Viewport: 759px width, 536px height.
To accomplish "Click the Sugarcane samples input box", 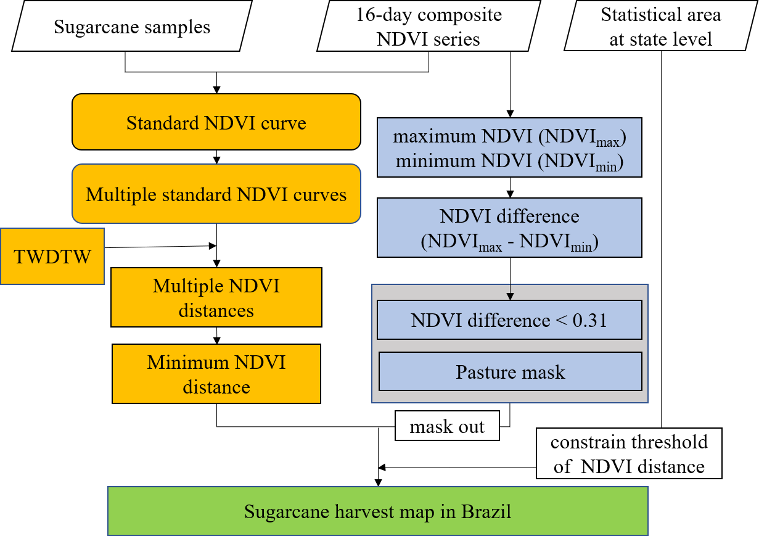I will click(x=133, y=27).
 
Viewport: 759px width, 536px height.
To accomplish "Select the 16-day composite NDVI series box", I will click(x=429, y=27).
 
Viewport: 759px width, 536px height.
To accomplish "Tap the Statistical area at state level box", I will click(x=660, y=27).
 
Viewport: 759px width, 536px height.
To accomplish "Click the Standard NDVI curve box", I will click(x=216, y=122).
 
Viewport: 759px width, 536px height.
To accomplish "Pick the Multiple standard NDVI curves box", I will click(x=216, y=194).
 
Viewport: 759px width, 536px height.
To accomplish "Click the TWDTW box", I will click(x=52, y=256).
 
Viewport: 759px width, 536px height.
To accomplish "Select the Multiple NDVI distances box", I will click(x=216, y=297).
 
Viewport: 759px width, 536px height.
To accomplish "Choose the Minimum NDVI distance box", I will click(x=216, y=374).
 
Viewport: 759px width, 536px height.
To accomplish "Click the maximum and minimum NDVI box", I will click(x=509, y=148).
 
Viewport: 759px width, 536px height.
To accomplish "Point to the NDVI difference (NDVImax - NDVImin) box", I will click(x=509, y=228).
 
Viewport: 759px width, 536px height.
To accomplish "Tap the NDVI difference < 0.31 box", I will click(x=509, y=320).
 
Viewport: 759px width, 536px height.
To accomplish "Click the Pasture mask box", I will click(x=510, y=372).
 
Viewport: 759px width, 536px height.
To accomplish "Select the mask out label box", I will click(x=447, y=426).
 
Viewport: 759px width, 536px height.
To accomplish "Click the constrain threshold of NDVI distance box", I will click(x=629, y=454).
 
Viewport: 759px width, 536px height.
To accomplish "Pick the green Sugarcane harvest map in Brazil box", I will click(x=377, y=511).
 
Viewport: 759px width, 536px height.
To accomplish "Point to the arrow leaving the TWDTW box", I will click(x=160, y=247).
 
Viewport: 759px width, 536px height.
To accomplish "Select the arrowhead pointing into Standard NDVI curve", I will click(x=216, y=89).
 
